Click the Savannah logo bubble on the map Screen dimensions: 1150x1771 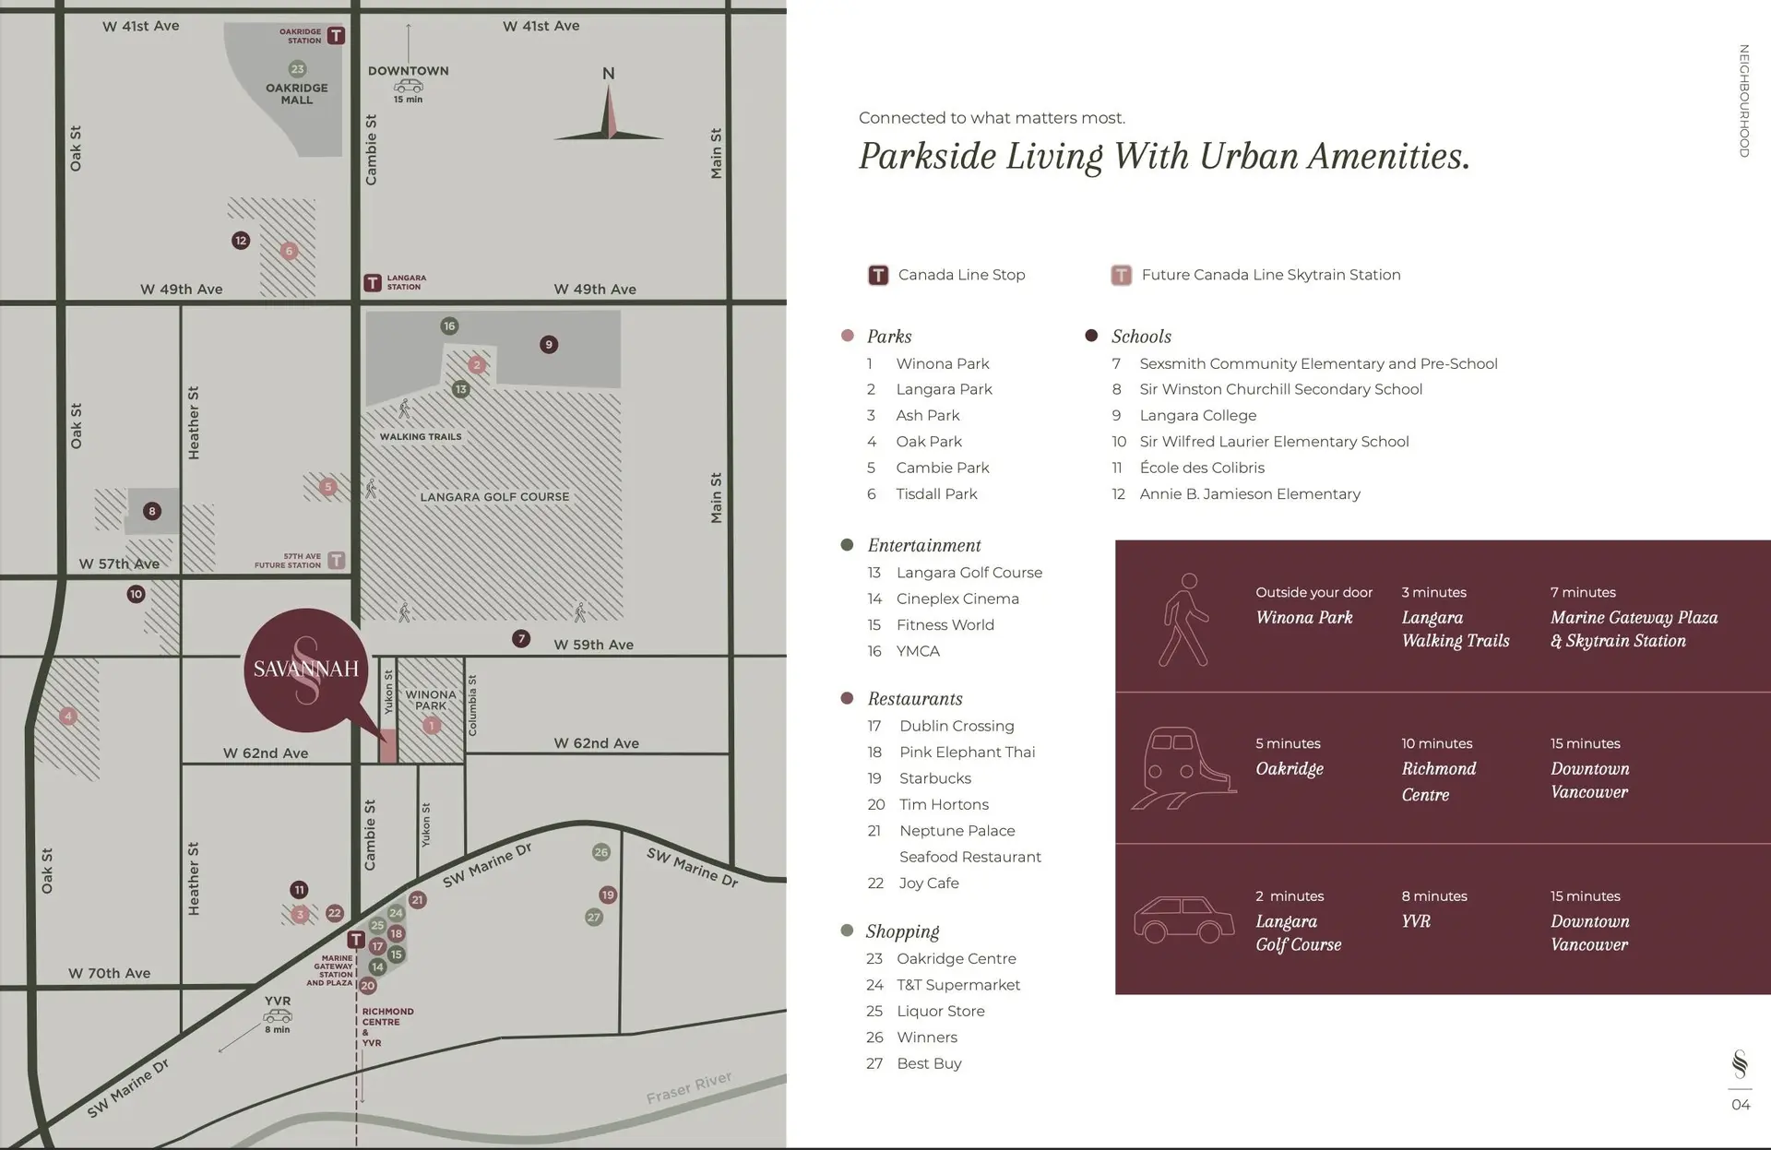click(x=305, y=670)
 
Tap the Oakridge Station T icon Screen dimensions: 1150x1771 click(x=337, y=36)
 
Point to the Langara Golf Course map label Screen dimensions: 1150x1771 click(x=494, y=497)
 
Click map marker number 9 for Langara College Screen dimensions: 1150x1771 click(x=549, y=345)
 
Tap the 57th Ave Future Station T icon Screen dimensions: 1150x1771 click(x=337, y=560)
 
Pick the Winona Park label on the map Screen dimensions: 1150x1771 click(x=431, y=700)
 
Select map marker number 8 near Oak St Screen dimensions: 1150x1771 click(x=152, y=511)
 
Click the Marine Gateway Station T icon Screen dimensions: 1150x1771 click(x=356, y=940)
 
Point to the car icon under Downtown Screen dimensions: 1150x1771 click(x=408, y=86)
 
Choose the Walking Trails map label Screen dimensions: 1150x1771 click(x=421, y=437)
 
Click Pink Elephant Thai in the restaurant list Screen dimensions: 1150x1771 click(x=967, y=753)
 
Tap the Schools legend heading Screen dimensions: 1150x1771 click(x=1141, y=337)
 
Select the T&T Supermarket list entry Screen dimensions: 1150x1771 click(x=958, y=985)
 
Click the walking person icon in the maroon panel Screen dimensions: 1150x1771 click(x=1183, y=619)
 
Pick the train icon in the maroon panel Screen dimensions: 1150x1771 click(x=1183, y=768)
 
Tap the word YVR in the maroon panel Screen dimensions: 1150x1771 click(x=1416, y=921)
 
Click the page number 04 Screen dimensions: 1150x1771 click(x=1741, y=1105)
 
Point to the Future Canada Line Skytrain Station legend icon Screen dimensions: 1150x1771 click(x=1121, y=275)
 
